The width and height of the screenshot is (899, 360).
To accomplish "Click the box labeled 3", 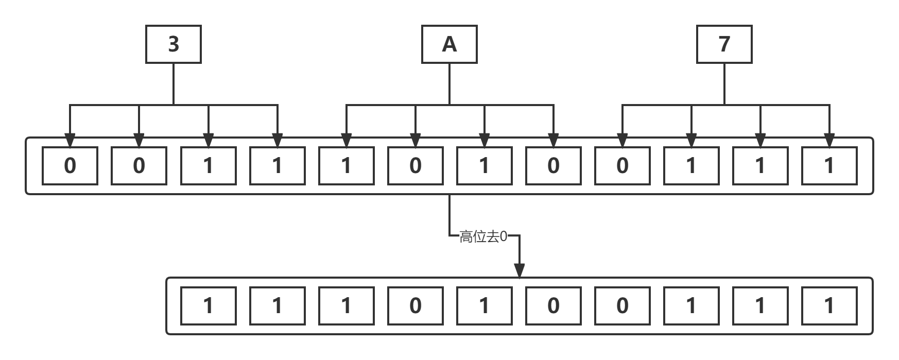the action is point(174,44).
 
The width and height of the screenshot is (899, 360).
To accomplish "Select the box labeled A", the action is point(449,44).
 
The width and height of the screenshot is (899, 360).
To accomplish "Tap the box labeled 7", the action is point(724,44).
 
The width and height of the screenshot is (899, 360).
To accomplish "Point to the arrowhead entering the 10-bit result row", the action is point(520,270).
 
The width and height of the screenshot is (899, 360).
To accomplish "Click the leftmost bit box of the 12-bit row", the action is point(70,166).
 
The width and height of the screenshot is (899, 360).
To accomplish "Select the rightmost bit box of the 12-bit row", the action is point(829,166).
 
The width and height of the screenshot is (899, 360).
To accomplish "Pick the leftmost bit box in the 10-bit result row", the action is point(209,306).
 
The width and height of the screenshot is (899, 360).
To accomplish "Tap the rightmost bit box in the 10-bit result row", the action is point(829,306).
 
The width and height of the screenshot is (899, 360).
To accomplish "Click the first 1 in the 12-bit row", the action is point(209,166).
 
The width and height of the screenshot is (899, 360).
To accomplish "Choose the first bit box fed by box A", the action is point(347,166).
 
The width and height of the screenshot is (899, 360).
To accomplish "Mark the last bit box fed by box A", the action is point(554,166).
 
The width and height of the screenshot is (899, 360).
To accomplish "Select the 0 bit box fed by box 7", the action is point(623,166).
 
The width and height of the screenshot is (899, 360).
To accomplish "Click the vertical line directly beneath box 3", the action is point(174,84).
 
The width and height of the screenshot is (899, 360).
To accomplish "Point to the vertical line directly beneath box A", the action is point(449,84).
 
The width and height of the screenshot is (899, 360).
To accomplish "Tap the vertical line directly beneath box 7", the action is point(724,84).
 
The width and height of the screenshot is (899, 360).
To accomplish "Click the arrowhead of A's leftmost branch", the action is point(347,140).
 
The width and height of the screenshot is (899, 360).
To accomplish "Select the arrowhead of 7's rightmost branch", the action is point(829,140).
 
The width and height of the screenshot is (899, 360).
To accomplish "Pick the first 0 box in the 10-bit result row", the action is point(416,306).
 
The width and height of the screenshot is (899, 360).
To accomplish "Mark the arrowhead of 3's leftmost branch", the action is point(70,140).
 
